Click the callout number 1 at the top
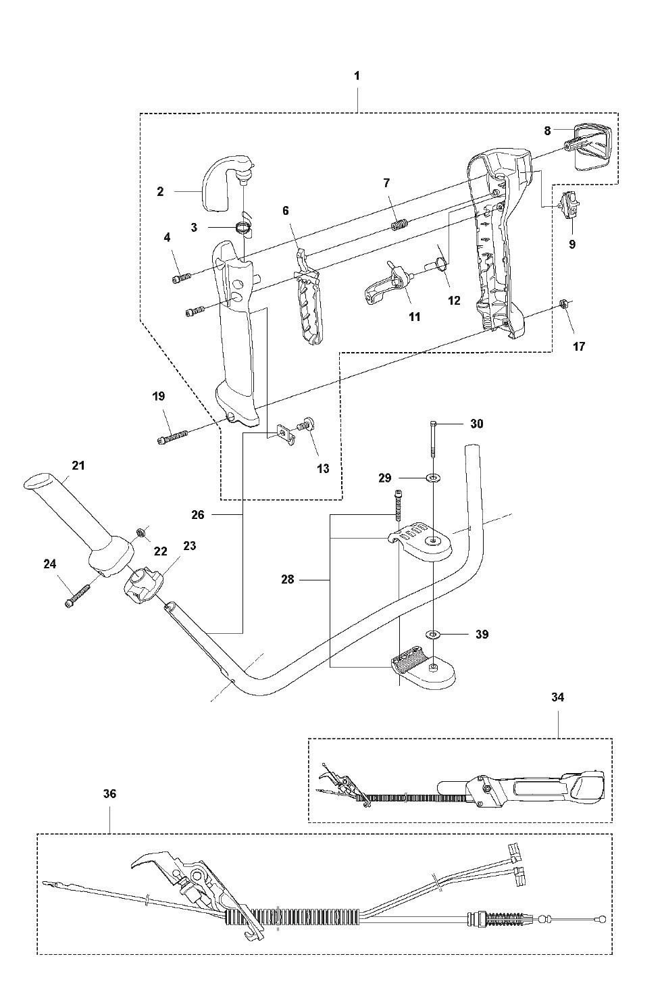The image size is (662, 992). [357, 76]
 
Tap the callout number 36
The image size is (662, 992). [109, 794]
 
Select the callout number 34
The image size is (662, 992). [558, 697]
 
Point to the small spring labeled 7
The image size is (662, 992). [399, 225]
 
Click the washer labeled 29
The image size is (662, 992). [432, 478]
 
